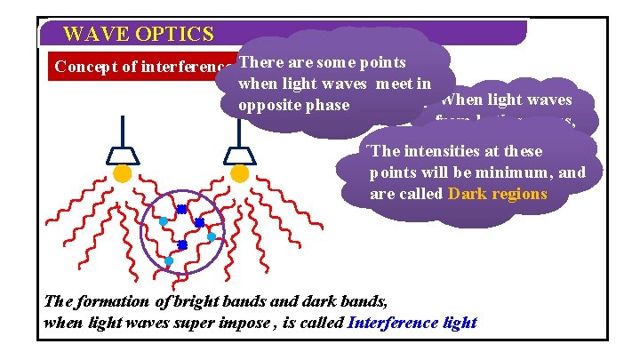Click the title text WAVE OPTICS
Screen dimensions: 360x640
click(138, 35)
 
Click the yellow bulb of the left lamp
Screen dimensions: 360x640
click(123, 174)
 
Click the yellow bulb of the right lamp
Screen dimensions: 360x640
click(239, 174)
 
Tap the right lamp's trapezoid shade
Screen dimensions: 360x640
click(239, 156)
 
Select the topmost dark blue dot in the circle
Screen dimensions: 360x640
click(180, 209)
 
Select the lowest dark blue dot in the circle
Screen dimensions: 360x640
click(182, 244)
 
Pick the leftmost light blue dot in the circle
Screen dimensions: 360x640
click(164, 220)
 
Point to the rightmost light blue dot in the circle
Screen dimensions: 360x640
click(212, 237)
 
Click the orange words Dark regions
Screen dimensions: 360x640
click(498, 193)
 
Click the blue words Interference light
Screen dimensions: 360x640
click(412, 322)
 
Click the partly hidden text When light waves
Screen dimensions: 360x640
click(507, 100)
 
